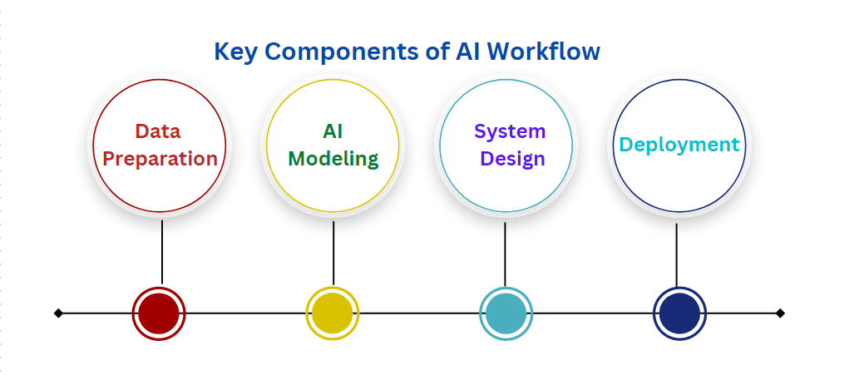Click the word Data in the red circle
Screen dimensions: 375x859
158,131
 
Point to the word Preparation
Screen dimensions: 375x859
158,159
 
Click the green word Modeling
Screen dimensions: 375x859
333,159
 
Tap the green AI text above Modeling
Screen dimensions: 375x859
333,131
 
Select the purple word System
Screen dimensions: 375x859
510,131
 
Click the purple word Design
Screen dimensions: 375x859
510,159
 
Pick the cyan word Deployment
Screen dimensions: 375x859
679,145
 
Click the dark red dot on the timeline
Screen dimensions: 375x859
159,313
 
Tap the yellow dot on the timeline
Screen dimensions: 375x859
333,313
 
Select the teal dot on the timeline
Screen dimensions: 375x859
506,313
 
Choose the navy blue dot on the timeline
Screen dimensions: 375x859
679,313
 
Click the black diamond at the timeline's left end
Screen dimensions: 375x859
58,313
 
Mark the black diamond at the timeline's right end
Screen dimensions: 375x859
780,313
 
